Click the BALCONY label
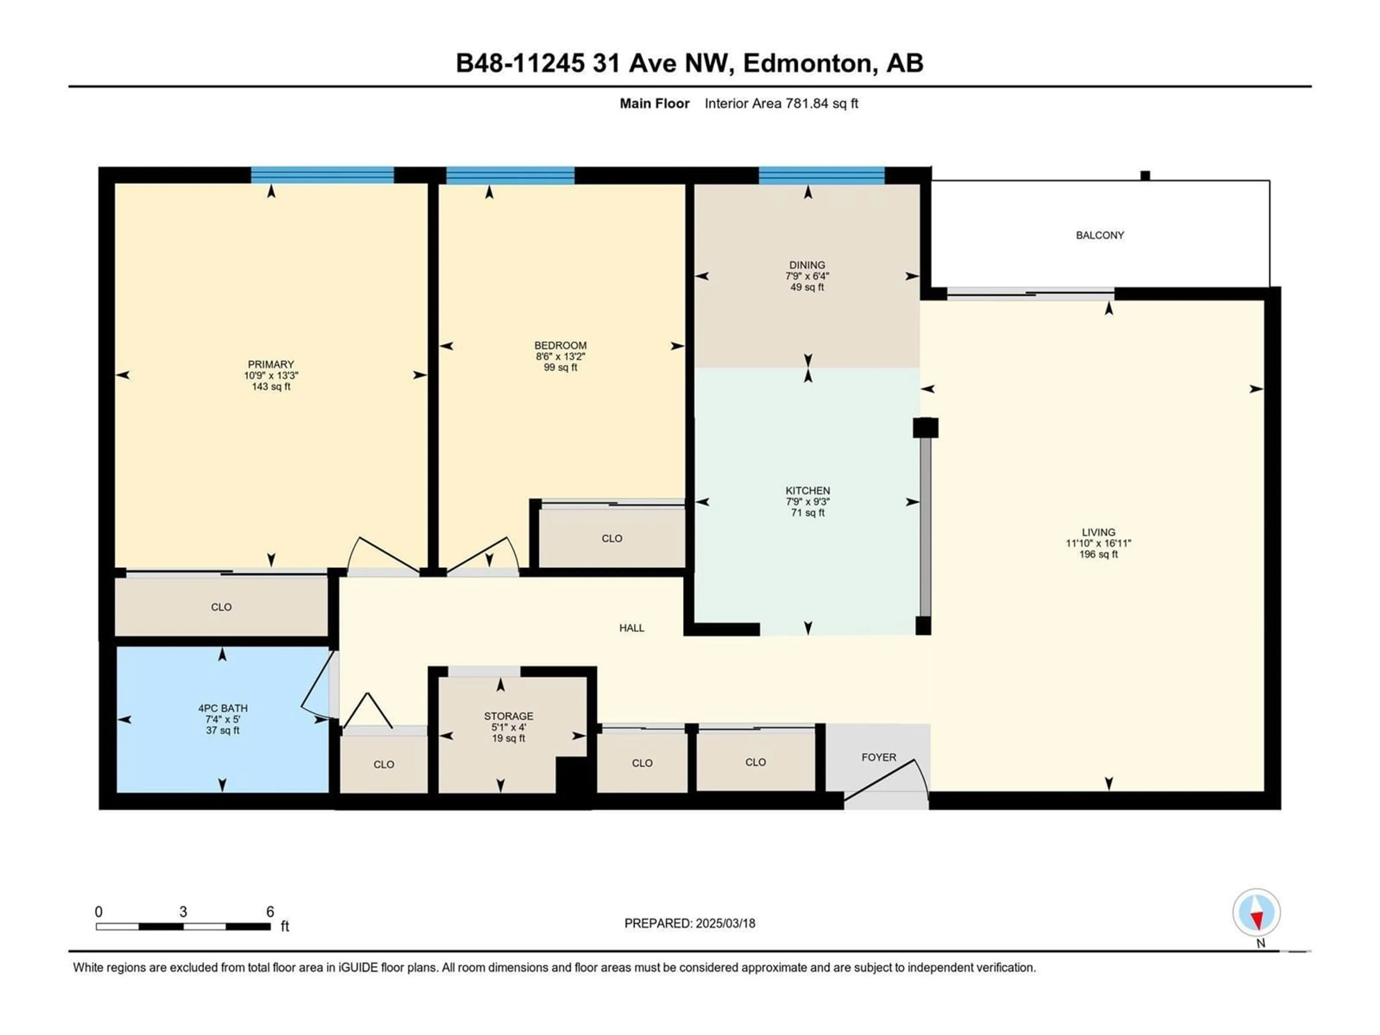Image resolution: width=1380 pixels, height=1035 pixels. [x=1100, y=235]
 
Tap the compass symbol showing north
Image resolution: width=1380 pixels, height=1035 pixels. [x=1256, y=913]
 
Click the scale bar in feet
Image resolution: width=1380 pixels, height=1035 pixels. [x=183, y=926]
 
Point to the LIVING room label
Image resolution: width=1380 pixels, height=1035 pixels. [x=1099, y=532]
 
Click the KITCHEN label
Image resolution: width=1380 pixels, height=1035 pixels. [x=808, y=491]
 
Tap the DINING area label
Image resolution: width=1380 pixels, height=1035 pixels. [x=807, y=265]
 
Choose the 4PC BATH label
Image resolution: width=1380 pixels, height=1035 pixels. [x=223, y=708]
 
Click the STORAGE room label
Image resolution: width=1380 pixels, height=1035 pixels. [x=509, y=716]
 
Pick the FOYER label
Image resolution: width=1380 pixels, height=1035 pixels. [x=879, y=757]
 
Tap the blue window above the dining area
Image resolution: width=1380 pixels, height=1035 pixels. [x=822, y=175]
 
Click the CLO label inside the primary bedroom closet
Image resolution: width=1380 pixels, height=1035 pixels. [x=221, y=607]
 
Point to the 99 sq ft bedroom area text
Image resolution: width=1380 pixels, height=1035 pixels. [x=560, y=367]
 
